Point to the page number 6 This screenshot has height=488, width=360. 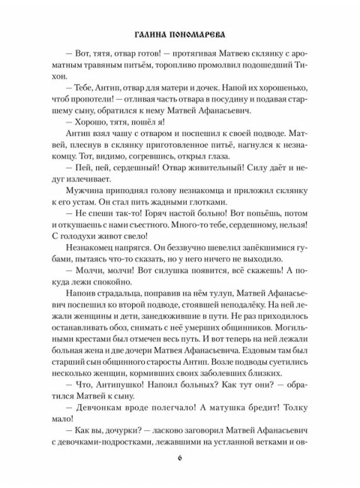[180, 459]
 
